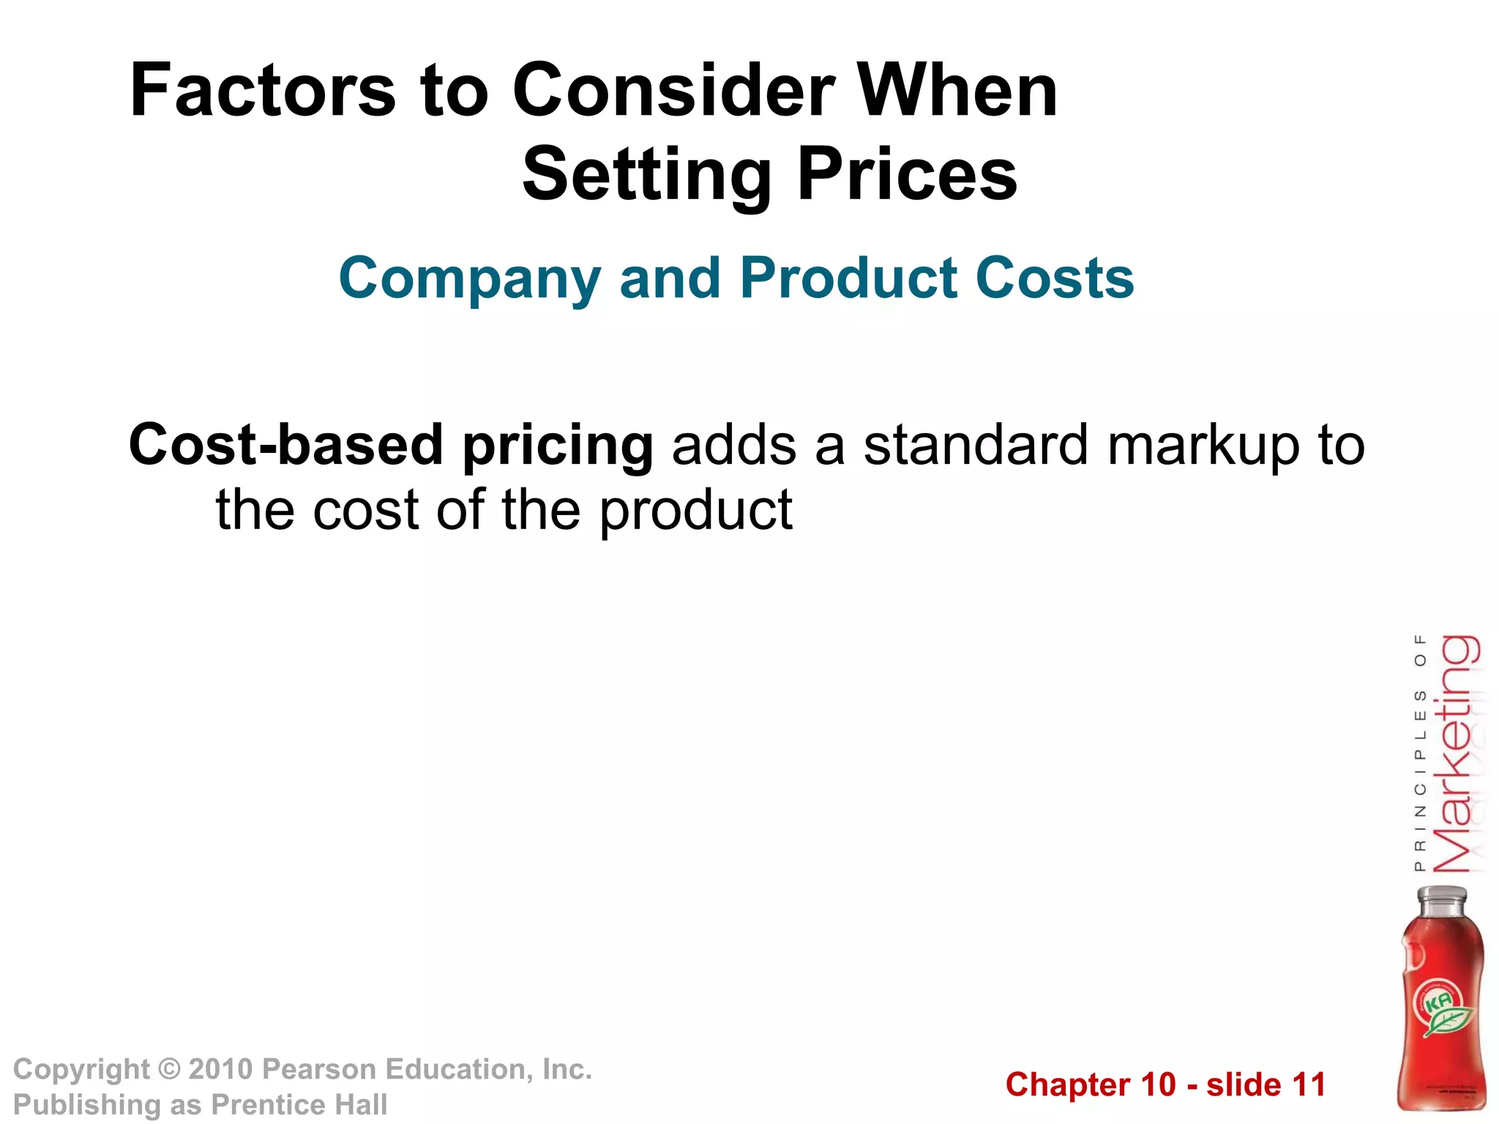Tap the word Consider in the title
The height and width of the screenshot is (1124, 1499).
click(x=673, y=91)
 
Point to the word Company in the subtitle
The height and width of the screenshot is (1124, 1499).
click(x=470, y=280)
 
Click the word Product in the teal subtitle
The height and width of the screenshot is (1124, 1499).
click(x=848, y=278)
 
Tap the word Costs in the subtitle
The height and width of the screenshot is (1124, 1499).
click(x=1055, y=278)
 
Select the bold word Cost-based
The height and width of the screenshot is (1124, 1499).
click(x=286, y=445)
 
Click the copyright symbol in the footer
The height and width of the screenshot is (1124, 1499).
click(x=169, y=1070)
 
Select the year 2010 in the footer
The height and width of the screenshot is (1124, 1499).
click(x=221, y=1070)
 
